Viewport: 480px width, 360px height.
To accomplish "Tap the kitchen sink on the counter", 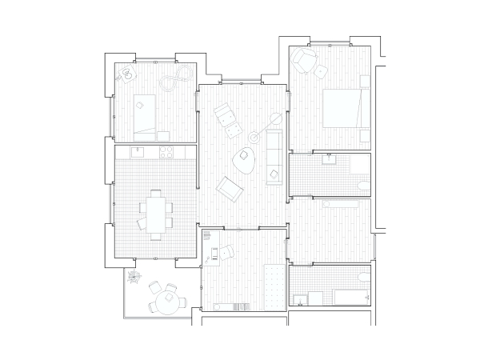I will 135,151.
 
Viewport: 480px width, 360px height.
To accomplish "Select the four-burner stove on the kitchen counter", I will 168,151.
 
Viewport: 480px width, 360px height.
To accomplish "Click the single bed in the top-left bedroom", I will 144,112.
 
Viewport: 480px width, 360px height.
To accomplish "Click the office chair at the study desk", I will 226,251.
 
